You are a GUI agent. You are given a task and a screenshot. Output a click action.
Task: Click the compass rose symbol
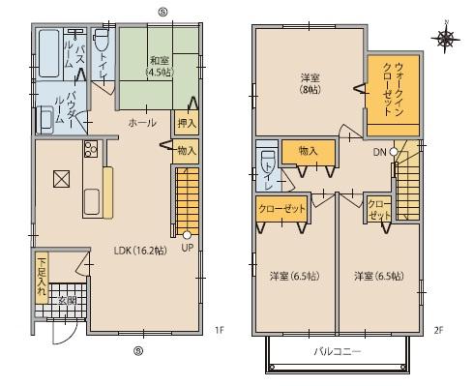pyautogui.click(x=445, y=38)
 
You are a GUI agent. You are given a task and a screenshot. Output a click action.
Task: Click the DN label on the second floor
pyautogui.click(x=381, y=152)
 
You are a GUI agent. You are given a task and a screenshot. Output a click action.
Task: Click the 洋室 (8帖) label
pyautogui.click(x=309, y=82)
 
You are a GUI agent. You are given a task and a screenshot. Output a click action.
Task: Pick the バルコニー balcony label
pyautogui.click(x=337, y=352)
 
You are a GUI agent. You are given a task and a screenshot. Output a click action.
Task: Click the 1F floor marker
pyautogui.click(x=220, y=331)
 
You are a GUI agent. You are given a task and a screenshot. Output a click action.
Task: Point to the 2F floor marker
pyautogui.click(x=438, y=331)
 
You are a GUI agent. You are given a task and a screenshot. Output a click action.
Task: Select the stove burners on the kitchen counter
pyautogui.click(x=91, y=149)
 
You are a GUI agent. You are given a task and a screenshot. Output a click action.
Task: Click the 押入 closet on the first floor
pyautogui.click(x=186, y=123)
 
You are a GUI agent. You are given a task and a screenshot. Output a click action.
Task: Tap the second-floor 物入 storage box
pyautogui.click(x=308, y=151)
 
